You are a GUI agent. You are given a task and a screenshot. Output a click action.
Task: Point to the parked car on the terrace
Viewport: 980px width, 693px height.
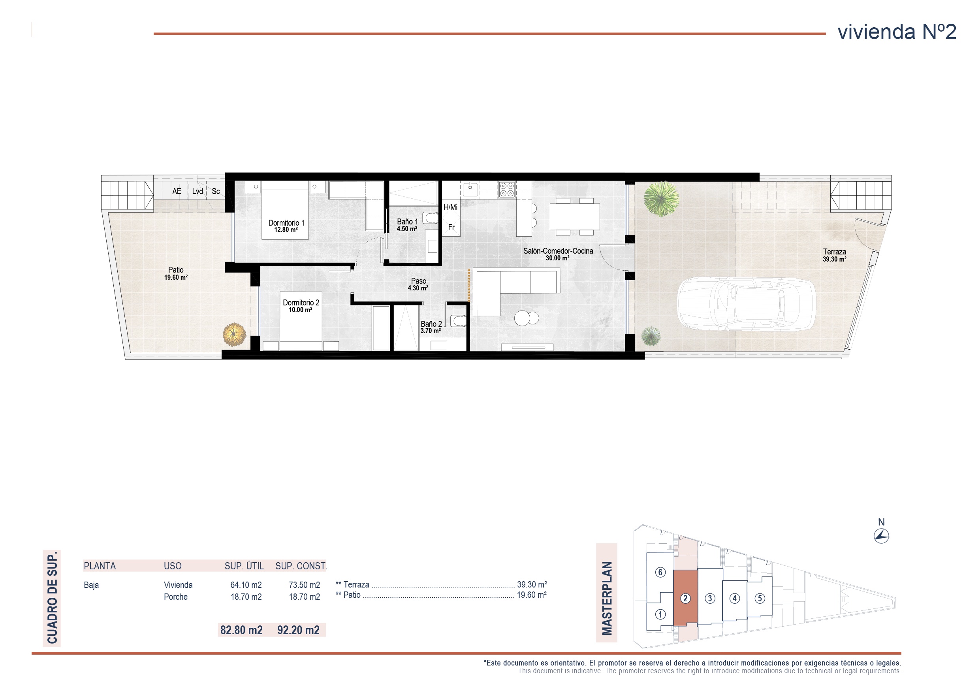pos(746,303)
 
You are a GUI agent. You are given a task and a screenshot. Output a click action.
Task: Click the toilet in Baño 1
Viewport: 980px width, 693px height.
pos(430,218)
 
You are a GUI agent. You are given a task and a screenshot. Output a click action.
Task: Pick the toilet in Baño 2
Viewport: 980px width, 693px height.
pos(458,320)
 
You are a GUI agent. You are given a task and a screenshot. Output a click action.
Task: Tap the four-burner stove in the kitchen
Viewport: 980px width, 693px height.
pos(507,190)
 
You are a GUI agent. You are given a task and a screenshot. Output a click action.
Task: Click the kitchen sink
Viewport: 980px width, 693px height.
pos(470,189)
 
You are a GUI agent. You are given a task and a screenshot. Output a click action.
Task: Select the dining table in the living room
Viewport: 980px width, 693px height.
pos(574,217)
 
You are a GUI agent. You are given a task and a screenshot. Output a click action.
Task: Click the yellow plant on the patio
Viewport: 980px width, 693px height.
pos(234,334)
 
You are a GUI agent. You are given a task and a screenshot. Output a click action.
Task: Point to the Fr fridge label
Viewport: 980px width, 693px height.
pos(451,228)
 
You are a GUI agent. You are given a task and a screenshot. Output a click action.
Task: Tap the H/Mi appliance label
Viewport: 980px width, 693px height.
pos(450,207)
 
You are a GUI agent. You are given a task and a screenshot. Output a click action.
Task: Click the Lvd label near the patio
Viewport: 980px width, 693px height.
pos(197,191)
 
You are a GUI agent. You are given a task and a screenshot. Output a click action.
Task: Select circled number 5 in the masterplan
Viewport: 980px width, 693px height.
pos(759,598)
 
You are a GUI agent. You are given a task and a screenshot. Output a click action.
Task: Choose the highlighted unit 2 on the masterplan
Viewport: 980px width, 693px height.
pos(685,598)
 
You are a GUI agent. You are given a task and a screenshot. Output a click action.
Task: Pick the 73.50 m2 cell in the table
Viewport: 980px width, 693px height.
pos(304,585)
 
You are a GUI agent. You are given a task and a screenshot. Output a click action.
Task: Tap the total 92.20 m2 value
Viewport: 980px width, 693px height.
pos(298,630)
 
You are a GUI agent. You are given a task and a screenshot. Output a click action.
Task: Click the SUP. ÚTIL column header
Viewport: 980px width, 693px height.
pos(244,566)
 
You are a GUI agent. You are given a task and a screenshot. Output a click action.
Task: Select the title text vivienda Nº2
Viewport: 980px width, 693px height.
pos(897,32)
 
